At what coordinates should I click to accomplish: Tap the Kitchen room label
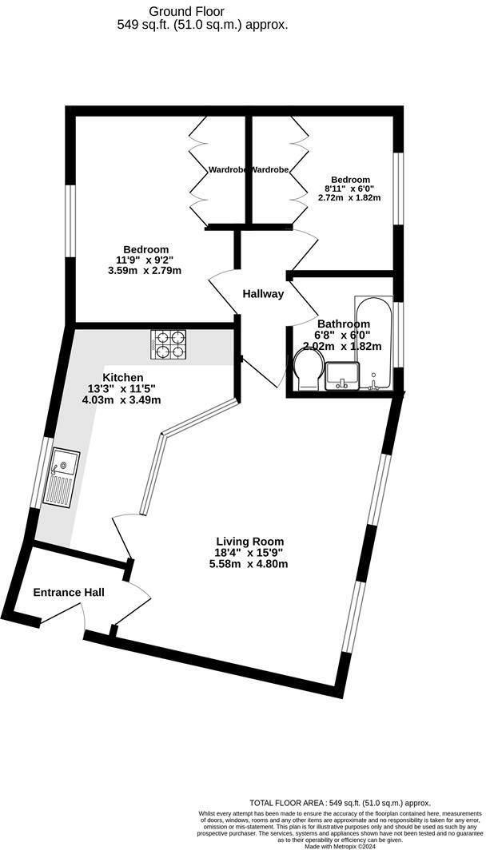pos(123,377)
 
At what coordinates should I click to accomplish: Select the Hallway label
pos(263,293)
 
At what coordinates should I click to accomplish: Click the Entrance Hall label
pos(69,592)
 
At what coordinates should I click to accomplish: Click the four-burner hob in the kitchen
pos(168,344)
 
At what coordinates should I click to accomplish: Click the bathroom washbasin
pos(343,373)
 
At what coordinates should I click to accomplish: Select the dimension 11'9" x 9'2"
pos(145,260)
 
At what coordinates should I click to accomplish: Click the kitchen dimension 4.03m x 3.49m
pos(123,399)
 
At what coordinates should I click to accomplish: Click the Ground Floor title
pos(187,11)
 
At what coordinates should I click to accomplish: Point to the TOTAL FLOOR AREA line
pos(341,803)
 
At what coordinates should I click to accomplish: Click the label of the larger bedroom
pos(145,248)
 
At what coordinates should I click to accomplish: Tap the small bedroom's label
pos(351,180)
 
